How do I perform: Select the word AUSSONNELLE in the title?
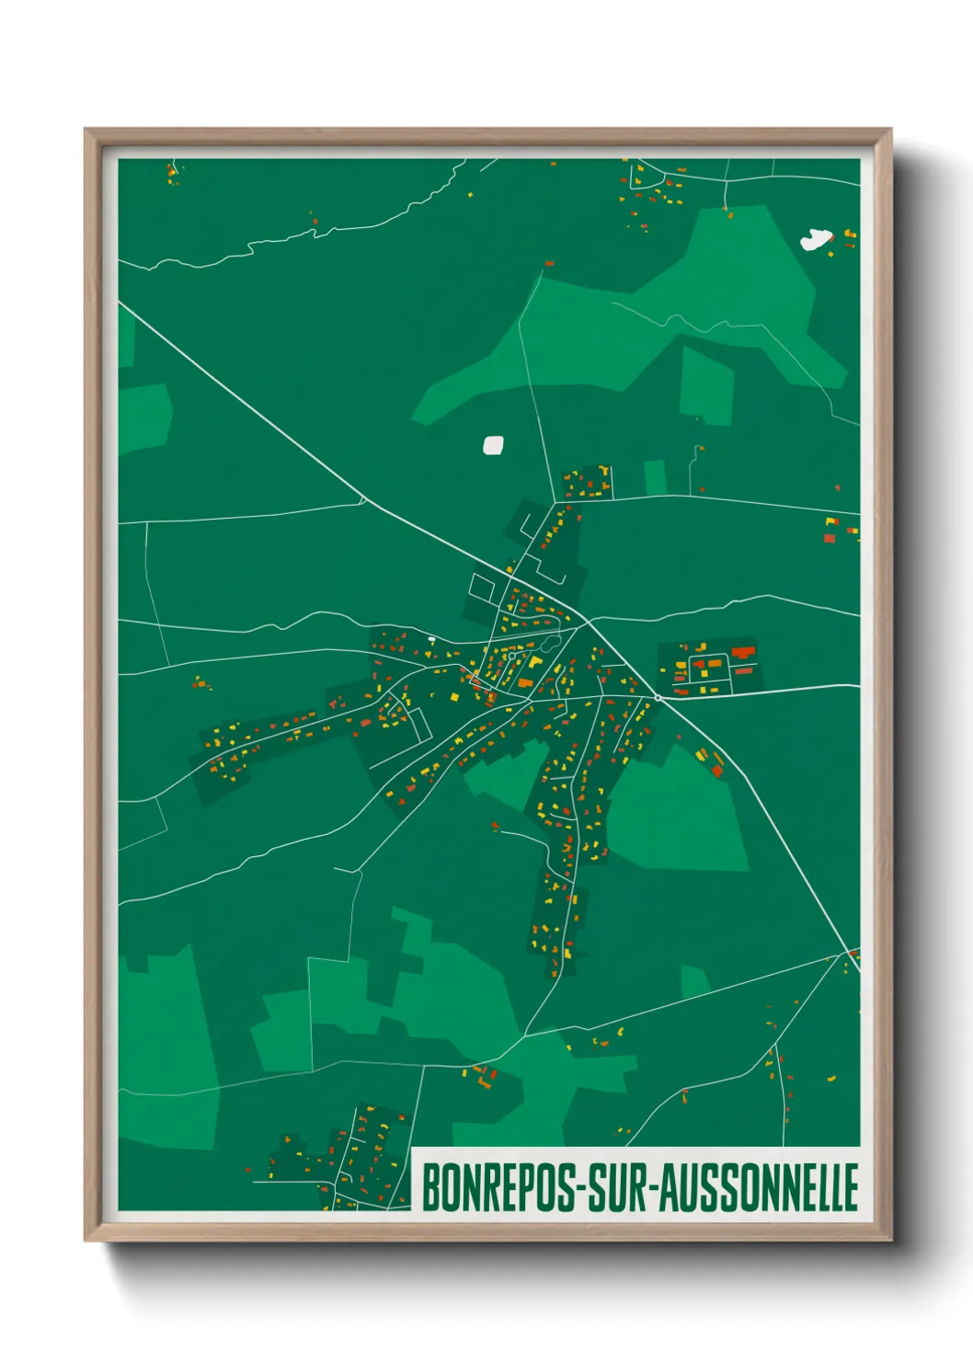759,1187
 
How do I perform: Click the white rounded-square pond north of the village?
494,445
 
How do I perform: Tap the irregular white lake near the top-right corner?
815,240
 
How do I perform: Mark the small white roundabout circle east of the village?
658,698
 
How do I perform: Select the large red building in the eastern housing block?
743,652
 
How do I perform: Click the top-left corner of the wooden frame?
86,131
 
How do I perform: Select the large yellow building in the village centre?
534,661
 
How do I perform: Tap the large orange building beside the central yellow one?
524,682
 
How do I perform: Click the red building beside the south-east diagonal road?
717,771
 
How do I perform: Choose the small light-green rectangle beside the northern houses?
655,477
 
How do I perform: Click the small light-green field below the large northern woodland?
706,384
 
